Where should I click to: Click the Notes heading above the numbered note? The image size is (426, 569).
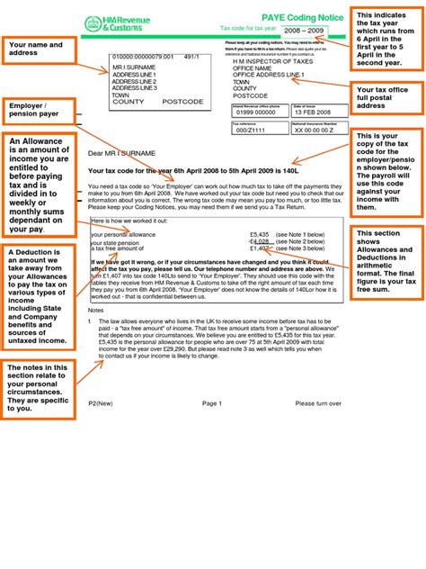97,309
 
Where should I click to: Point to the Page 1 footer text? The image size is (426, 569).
211,403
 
